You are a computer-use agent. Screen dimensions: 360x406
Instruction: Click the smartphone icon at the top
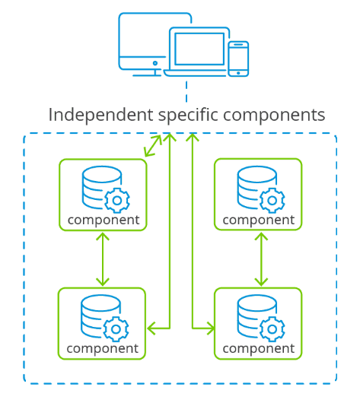[238, 59]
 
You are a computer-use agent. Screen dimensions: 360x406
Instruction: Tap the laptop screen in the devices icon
[199, 49]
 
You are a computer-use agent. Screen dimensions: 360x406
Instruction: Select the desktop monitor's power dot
[155, 63]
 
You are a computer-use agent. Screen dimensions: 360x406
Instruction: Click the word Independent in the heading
[100, 115]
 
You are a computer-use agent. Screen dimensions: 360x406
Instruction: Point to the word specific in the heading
[188, 115]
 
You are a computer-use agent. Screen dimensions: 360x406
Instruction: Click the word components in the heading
[274, 116]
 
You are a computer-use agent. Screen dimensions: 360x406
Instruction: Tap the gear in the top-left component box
[117, 201]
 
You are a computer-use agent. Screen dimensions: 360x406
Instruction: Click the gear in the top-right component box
[272, 201]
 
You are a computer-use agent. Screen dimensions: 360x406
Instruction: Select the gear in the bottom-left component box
[116, 329]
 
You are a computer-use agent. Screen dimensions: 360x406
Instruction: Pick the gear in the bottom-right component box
[272, 329]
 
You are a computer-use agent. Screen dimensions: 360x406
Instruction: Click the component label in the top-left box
[104, 220]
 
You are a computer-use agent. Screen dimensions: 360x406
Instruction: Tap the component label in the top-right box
[259, 220]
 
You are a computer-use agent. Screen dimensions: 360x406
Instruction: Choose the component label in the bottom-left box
[103, 349]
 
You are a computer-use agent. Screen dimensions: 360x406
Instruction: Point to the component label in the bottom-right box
[259, 349]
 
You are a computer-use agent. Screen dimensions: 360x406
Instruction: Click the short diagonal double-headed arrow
[153, 146]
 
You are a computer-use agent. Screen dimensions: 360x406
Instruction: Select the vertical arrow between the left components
[103, 259]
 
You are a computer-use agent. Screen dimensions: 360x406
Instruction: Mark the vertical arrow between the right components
[261, 259]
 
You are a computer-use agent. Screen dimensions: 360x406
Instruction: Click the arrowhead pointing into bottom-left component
[151, 328]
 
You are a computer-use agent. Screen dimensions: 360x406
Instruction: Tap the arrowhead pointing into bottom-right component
[211, 328]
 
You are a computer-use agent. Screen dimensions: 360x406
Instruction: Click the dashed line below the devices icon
[186, 91]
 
